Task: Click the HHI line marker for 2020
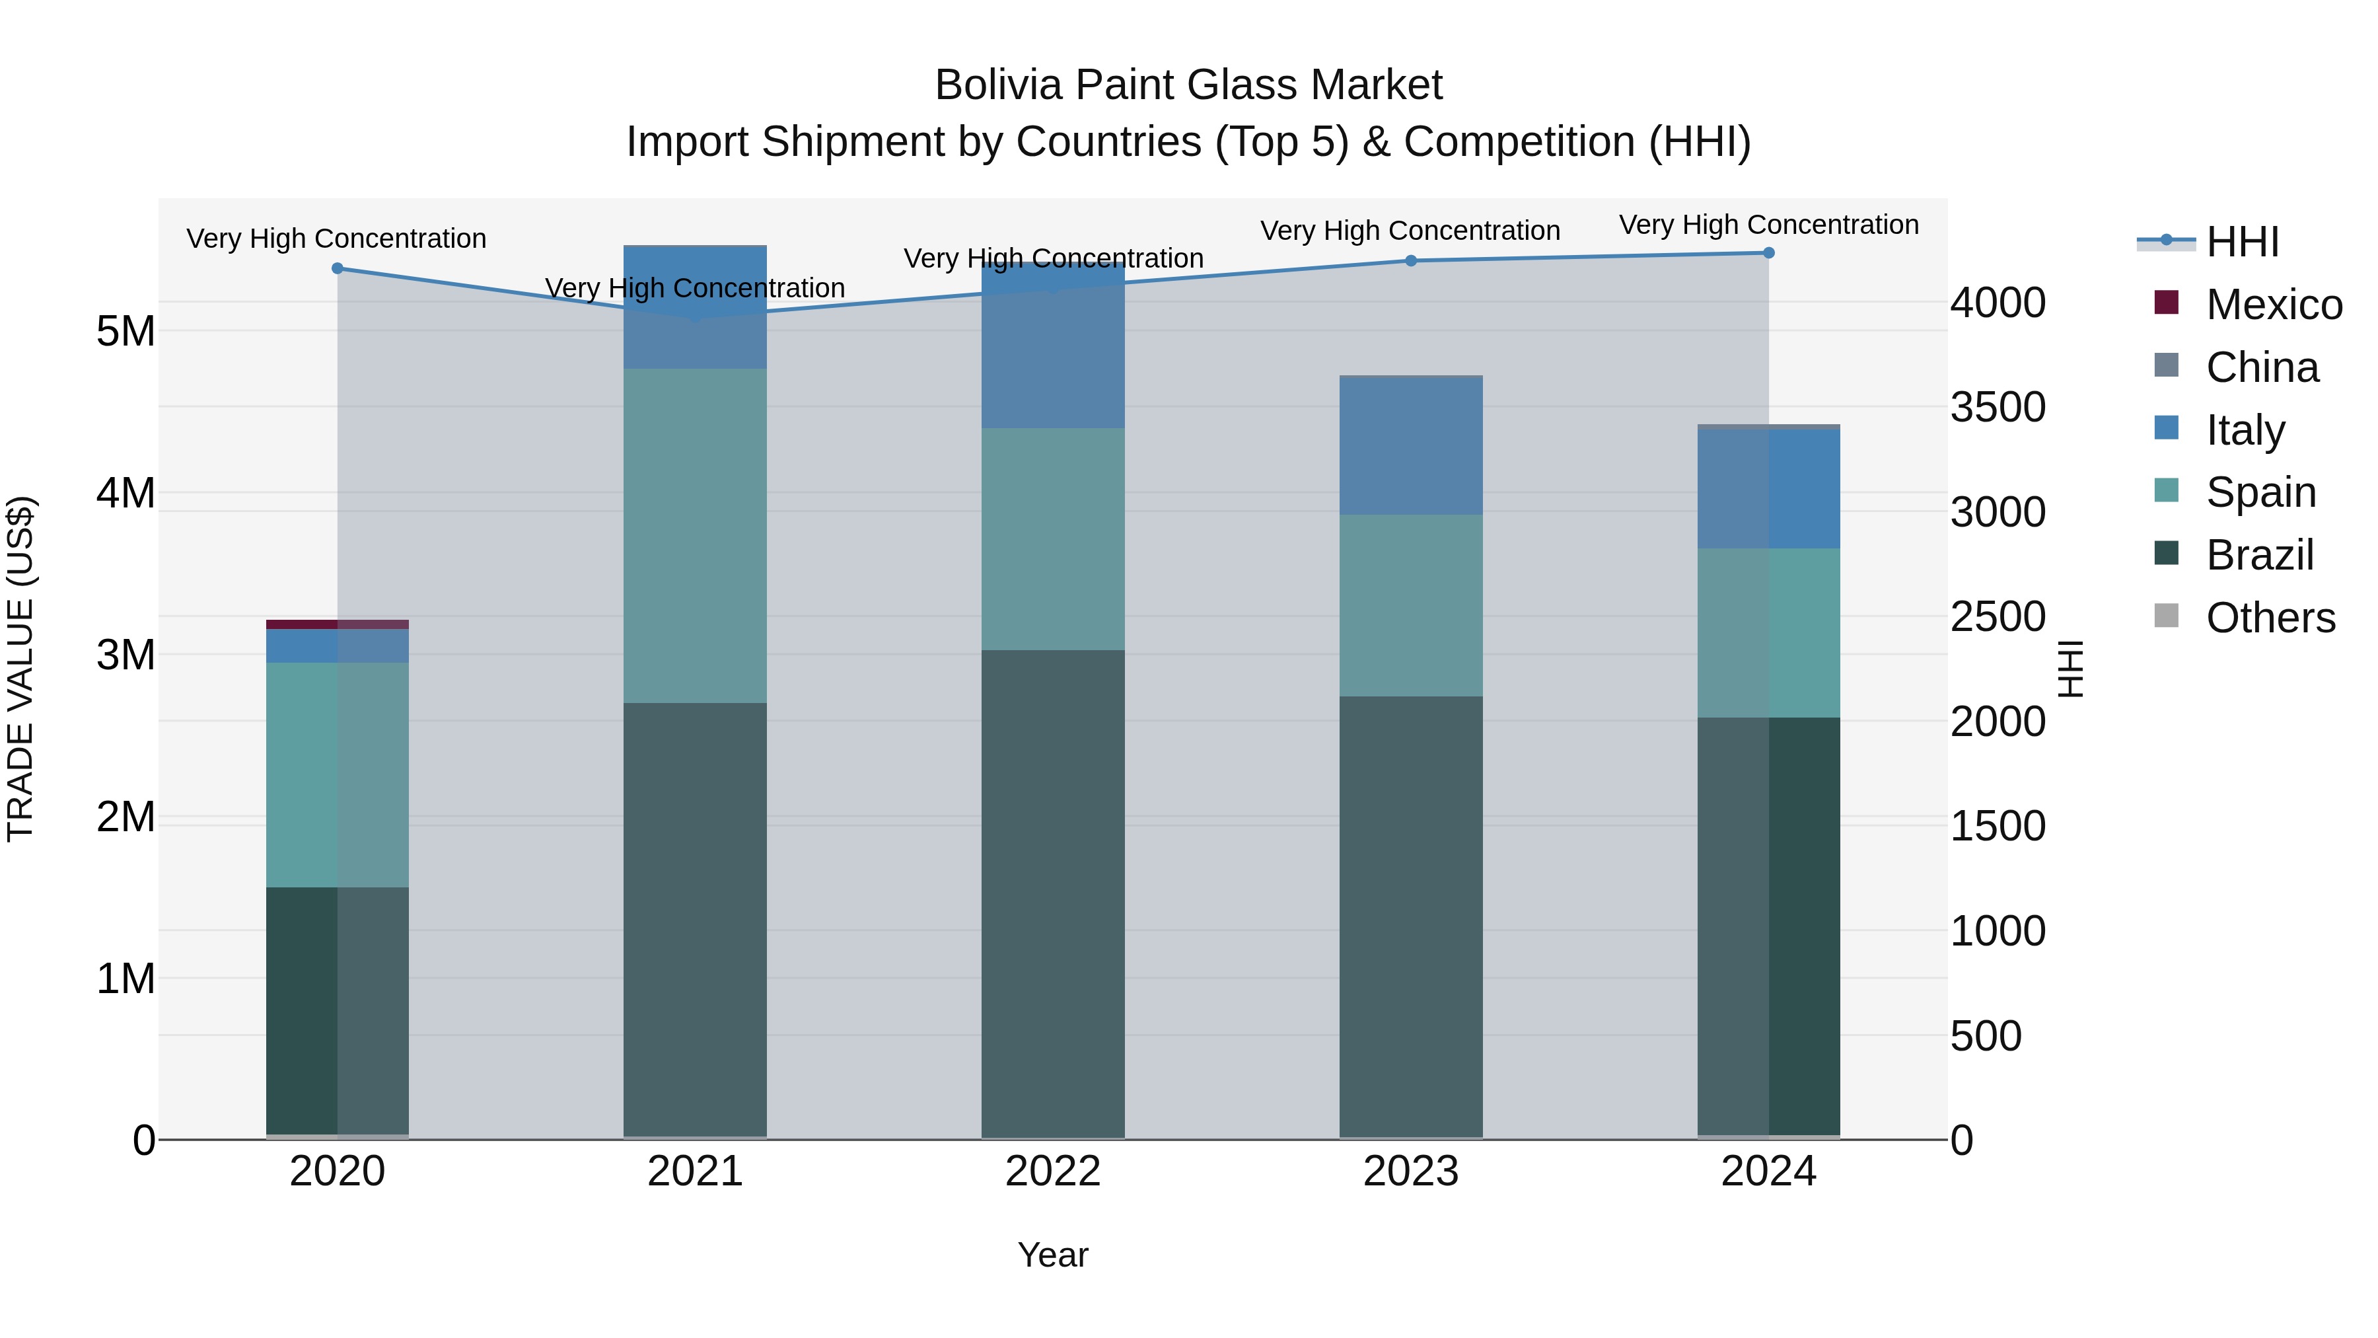337,269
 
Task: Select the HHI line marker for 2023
1410,260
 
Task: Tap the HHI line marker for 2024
1769,252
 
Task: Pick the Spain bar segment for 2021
695,536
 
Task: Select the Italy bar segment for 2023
1410,446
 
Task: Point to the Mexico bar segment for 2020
337,624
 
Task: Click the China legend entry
2262,367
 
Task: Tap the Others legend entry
2270,618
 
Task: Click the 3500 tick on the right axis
1998,407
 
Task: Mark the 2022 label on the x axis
1054,1171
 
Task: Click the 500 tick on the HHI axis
1986,1036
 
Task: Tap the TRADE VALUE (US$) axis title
20,669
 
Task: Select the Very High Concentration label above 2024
1769,225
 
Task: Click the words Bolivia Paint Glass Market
1188,86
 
